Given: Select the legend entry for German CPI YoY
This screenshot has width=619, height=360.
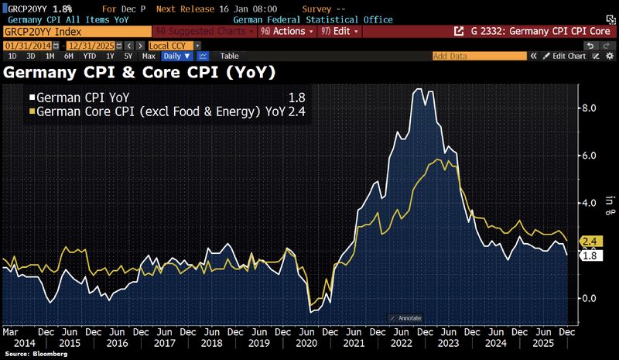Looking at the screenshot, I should pos(84,98).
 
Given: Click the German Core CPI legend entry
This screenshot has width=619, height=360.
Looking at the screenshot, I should pos(155,111).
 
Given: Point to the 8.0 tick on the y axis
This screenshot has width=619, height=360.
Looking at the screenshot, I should pos(588,108).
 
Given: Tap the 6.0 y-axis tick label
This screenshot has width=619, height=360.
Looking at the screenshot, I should pos(588,156).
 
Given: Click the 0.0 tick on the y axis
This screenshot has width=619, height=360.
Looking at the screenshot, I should pos(588,298).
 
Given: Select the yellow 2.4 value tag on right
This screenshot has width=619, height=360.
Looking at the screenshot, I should pos(589,242).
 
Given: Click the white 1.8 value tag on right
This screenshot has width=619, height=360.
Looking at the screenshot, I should pos(589,256).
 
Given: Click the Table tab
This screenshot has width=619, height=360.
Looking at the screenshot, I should pos(229,57).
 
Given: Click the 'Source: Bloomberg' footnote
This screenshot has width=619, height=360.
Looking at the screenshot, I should pos(34,354).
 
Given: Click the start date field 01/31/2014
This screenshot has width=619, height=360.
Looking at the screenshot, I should pos(23,46).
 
